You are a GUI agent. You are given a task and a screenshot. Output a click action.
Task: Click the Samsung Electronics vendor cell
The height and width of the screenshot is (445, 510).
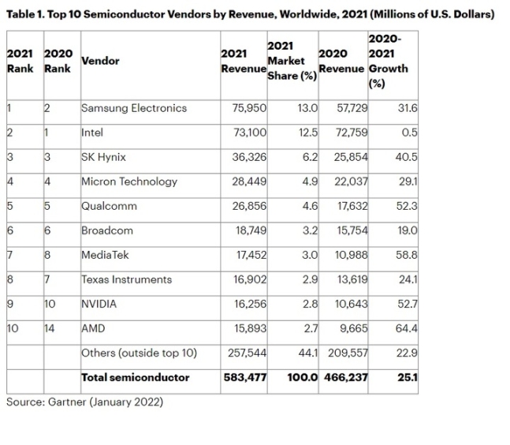[x=134, y=108]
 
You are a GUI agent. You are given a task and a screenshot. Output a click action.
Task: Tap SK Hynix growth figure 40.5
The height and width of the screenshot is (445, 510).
[x=408, y=157]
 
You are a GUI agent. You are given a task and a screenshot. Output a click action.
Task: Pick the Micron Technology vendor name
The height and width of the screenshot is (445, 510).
[x=129, y=181]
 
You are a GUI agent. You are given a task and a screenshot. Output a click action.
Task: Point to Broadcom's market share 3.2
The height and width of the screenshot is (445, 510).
[x=307, y=230]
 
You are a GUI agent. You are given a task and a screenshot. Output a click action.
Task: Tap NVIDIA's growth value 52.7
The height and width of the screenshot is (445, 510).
[x=408, y=304]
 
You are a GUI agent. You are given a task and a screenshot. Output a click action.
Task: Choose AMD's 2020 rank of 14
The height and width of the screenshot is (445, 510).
[x=50, y=328]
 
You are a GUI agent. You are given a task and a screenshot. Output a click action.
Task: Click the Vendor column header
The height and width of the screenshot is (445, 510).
[x=101, y=61]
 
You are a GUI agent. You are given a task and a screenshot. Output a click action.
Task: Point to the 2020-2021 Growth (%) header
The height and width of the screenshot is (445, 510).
[x=389, y=62]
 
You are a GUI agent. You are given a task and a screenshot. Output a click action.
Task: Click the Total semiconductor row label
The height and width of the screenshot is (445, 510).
[x=135, y=377]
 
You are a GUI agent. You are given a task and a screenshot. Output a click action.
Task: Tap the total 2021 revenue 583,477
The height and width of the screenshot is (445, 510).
[x=244, y=377]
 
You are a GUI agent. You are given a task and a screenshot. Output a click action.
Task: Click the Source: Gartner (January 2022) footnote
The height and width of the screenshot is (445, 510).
[x=84, y=402]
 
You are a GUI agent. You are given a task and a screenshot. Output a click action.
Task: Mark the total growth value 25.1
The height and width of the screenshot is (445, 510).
[x=408, y=377]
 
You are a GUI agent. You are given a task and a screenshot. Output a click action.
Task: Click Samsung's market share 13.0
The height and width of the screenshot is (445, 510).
[x=307, y=108]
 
